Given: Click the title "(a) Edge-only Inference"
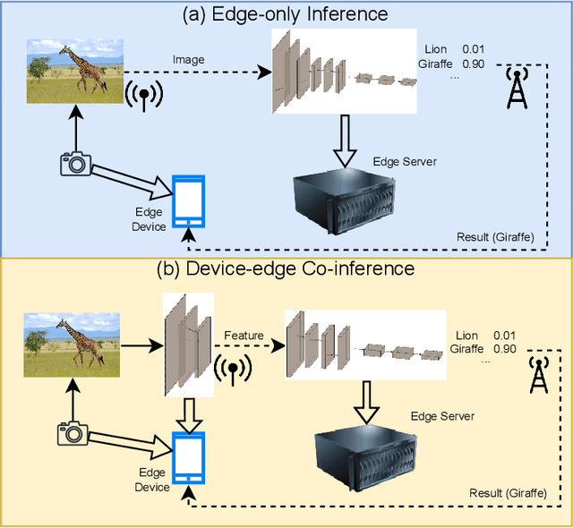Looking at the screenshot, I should pyautogui.click(x=286, y=13).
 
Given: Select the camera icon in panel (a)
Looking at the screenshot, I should pyautogui.click(x=75, y=162).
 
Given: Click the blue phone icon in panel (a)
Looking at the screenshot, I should pyautogui.click(x=188, y=201).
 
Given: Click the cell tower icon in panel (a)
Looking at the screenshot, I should pyautogui.click(x=517, y=87).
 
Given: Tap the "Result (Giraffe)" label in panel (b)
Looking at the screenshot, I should pyautogui.click(x=509, y=493).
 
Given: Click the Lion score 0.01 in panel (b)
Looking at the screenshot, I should pyautogui.click(x=504, y=334).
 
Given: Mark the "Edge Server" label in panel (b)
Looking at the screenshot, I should pyautogui.click(x=442, y=416).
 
